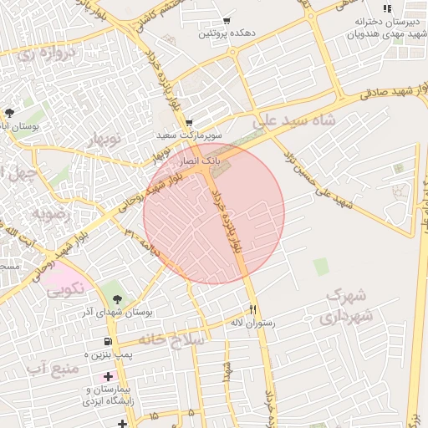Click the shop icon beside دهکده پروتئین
[227, 21]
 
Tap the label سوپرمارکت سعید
[188, 135]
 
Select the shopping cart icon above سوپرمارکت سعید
[189, 122]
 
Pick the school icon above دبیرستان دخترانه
[387, 8]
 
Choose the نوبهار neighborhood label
[104, 137]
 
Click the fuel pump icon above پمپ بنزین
[109, 342]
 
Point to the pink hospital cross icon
[108, 377]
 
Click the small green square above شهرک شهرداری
[321, 267]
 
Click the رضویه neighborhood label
[55, 214]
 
